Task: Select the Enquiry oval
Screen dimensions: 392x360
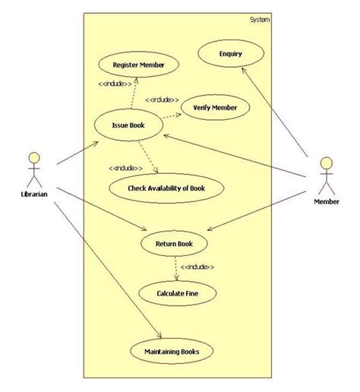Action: click(x=231, y=53)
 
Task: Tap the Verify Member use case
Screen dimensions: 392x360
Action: click(x=215, y=108)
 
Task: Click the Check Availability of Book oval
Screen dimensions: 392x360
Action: click(x=167, y=187)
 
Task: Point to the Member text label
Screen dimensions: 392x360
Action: click(x=327, y=201)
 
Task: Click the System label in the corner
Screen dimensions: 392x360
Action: click(x=259, y=20)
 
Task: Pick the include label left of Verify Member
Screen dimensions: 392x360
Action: click(x=161, y=100)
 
